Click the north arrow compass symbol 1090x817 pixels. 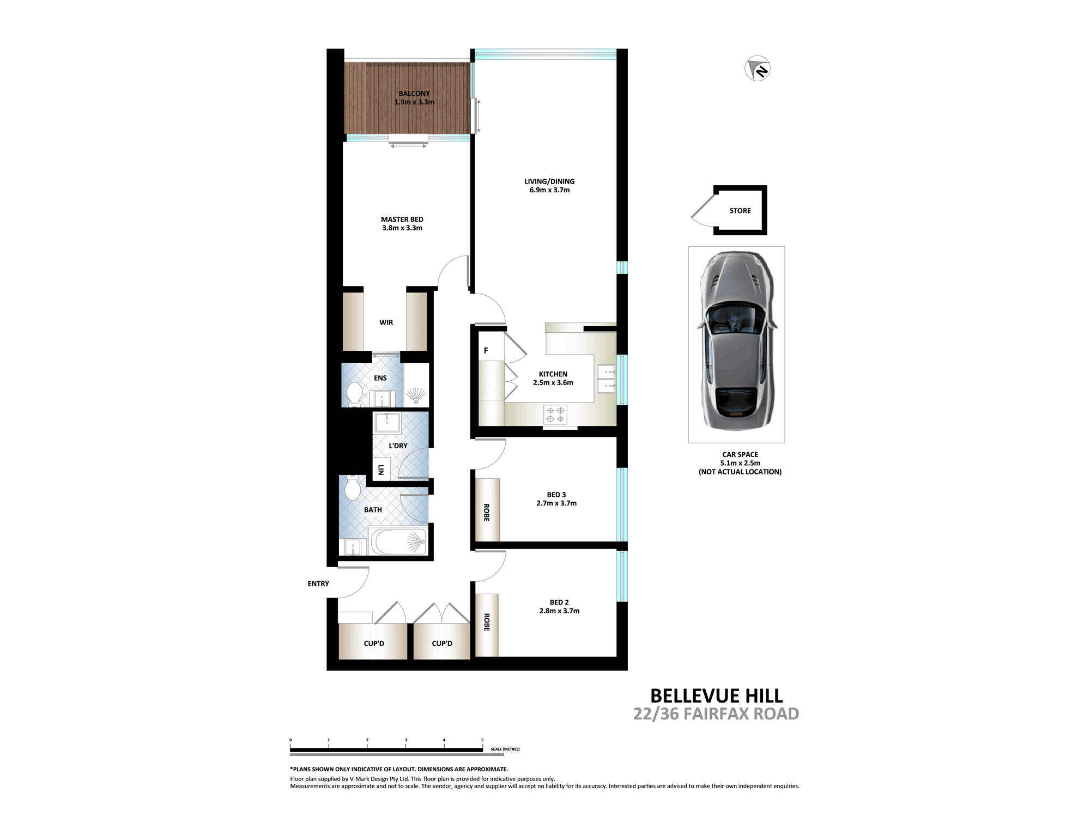(x=758, y=69)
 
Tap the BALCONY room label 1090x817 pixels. (x=414, y=94)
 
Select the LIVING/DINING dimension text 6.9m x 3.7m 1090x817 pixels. (x=549, y=190)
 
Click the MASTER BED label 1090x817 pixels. (x=402, y=220)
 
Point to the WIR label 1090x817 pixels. (x=386, y=322)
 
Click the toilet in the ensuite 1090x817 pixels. (x=355, y=393)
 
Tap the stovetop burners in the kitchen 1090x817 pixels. (x=555, y=414)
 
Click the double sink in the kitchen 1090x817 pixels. (x=606, y=379)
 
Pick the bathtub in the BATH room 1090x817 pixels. (x=397, y=541)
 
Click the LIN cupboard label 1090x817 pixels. (x=381, y=469)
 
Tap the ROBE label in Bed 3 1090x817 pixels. (x=487, y=513)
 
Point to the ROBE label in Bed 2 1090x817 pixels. (x=487, y=622)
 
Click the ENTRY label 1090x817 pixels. (x=318, y=584)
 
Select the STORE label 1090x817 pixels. (x=740, y=211)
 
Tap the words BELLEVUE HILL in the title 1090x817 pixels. (x=716, y=696)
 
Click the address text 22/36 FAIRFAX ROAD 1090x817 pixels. (x=716, y=714)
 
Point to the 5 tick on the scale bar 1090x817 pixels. (x=482, y=740)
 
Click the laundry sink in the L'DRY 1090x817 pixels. (x=387, y=422)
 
